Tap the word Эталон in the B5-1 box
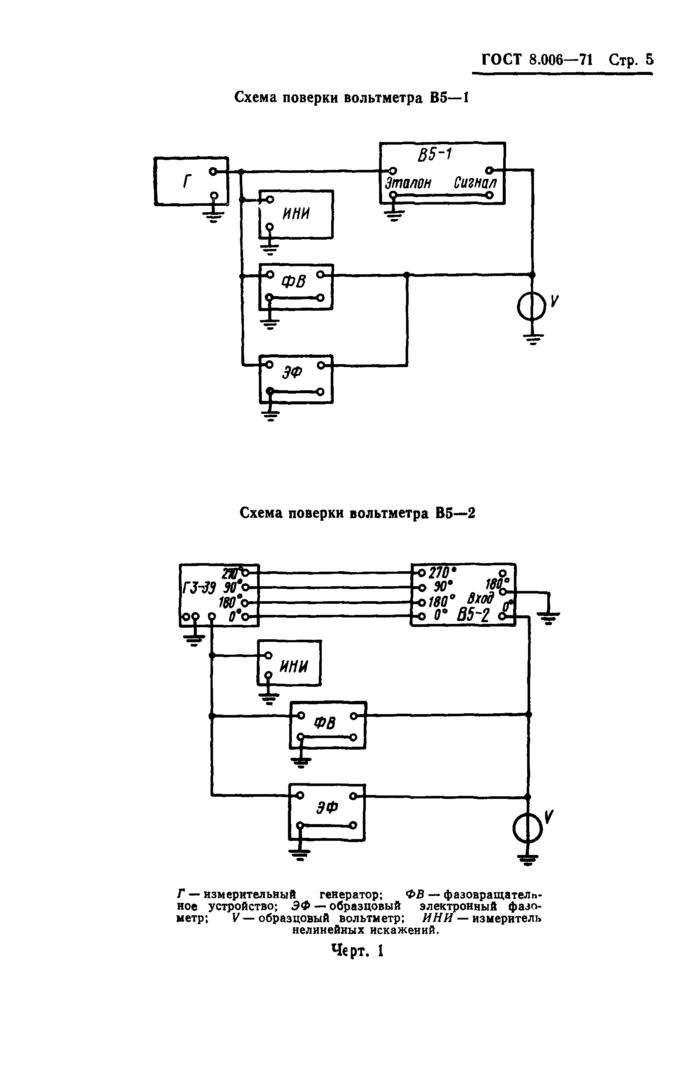(408, 183)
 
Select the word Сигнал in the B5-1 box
(475, 183)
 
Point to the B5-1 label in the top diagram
(434, 155)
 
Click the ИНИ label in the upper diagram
(296, 214)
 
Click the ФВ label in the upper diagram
(294, 282)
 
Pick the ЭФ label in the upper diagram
(292, 372)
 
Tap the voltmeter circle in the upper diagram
(531, 307)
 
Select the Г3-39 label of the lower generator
(199, 587)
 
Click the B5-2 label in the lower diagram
(473, 616)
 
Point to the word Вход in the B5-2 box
(480, 599)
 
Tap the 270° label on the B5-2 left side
(442, 573)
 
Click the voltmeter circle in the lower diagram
(528, 830)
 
